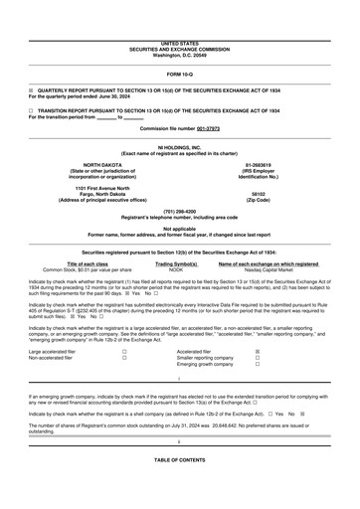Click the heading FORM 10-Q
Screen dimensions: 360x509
pyautogui.click(x=179, y=75)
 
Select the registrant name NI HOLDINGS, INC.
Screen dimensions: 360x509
pyautogui.click(x=179, y=146)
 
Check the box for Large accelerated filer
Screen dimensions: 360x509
pyautogui.click(x=123, y=351)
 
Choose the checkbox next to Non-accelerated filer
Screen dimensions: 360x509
pyautogui.click(x=123, y=358)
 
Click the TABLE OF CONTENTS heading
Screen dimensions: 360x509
pyautogui.click(x=179, y=488)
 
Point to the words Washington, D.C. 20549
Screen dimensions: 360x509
pyautogui.click(x=179, y=55)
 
